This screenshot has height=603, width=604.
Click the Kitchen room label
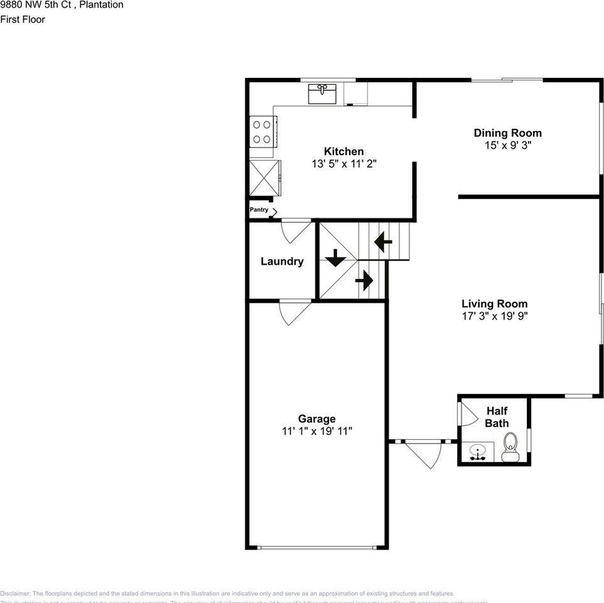point(343,151)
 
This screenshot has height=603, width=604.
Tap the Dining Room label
point(507,133)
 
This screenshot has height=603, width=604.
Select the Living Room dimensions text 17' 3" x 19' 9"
point(494,317)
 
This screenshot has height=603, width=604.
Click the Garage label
point(316,418)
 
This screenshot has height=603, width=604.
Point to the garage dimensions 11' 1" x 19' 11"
point(316,431)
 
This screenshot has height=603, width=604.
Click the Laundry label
point(282,261)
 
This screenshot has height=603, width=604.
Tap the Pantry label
point(259,210)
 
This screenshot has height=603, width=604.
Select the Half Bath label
point(497,417)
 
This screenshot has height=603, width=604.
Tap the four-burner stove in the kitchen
point(262,132)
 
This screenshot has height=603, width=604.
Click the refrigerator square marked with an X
point(262,178)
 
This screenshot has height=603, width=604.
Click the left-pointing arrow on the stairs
point(383,241)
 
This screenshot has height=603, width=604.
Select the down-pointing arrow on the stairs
point(335,257)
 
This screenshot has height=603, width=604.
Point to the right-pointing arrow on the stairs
point(364,280)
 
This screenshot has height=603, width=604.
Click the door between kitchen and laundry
point(295,231)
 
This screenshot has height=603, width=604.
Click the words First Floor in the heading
point(23,19)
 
